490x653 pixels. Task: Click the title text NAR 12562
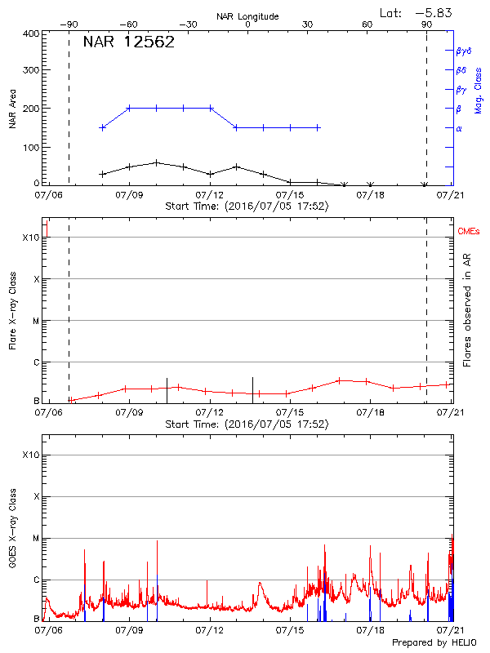click(129, 43)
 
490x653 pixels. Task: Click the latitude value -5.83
click(433, 12)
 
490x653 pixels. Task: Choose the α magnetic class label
click(459, 128)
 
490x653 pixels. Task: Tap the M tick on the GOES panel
click(35, 539)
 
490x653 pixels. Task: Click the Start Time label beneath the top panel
click(247, 207)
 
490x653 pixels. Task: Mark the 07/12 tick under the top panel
click(210, 195)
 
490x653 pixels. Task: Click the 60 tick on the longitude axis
click(367, 24)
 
